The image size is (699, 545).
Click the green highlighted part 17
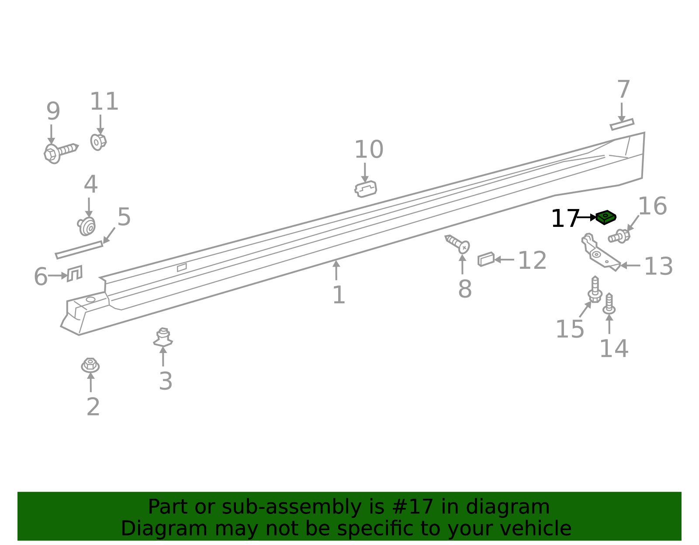click(x=606, y=217)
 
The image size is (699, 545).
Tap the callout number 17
click(x=564, y=219)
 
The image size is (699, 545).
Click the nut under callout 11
click(x=98, y=141)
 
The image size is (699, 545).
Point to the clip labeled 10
click(x=366, y=189)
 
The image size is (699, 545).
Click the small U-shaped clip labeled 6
click(x=74, y=273)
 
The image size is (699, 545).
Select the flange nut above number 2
click(x=90, y=365)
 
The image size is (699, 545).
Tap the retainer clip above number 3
click(x=163, y=338)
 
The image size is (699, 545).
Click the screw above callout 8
click(x=458, y=243)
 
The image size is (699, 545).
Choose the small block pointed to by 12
click(x=486, y=259)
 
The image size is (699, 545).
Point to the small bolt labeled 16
click(x=619, y=236)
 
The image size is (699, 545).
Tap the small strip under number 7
click(x=622, y=124)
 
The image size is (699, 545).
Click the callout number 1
click(x=339, y=295)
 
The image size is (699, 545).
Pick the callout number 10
click(x=369, y=150)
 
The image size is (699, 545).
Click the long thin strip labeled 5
click(x=79, y=250)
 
